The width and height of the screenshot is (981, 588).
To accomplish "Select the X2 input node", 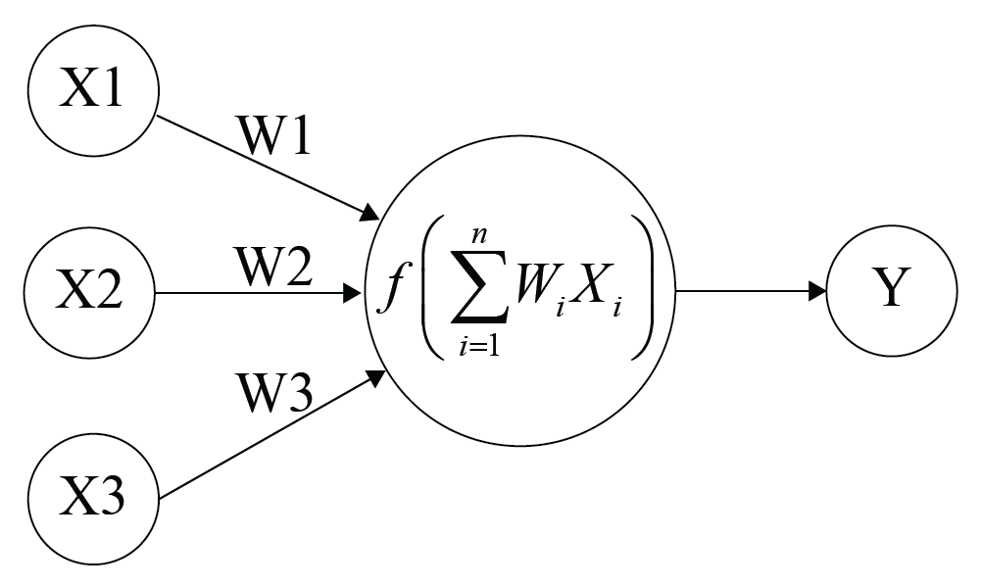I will (x=91, y=292).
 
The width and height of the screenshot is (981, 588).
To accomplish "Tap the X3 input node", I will (x=93, y=495).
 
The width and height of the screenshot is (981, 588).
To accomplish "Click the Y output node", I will (x=891, y=291).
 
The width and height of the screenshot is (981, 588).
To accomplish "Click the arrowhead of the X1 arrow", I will (x=371, y=213).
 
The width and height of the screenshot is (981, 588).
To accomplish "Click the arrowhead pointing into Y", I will (x=817, y=291).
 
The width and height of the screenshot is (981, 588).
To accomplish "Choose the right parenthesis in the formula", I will (x=643, y=292).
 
